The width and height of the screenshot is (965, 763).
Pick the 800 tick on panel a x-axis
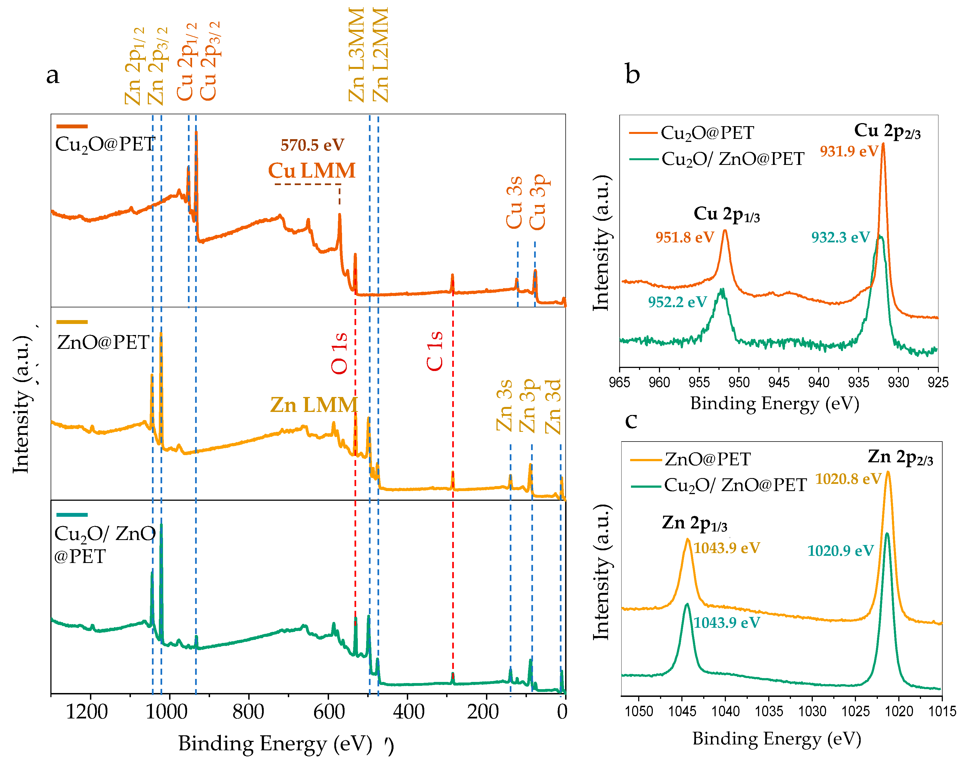tap(249, 712)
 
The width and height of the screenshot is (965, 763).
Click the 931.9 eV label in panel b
tap(849, 151)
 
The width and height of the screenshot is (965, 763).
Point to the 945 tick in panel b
tap(779, 382)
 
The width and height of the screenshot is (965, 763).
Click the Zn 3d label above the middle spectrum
tap(553, 406)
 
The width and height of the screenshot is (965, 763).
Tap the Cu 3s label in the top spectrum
tap(514, 202)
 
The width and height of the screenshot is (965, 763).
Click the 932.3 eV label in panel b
tap(840, 237)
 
